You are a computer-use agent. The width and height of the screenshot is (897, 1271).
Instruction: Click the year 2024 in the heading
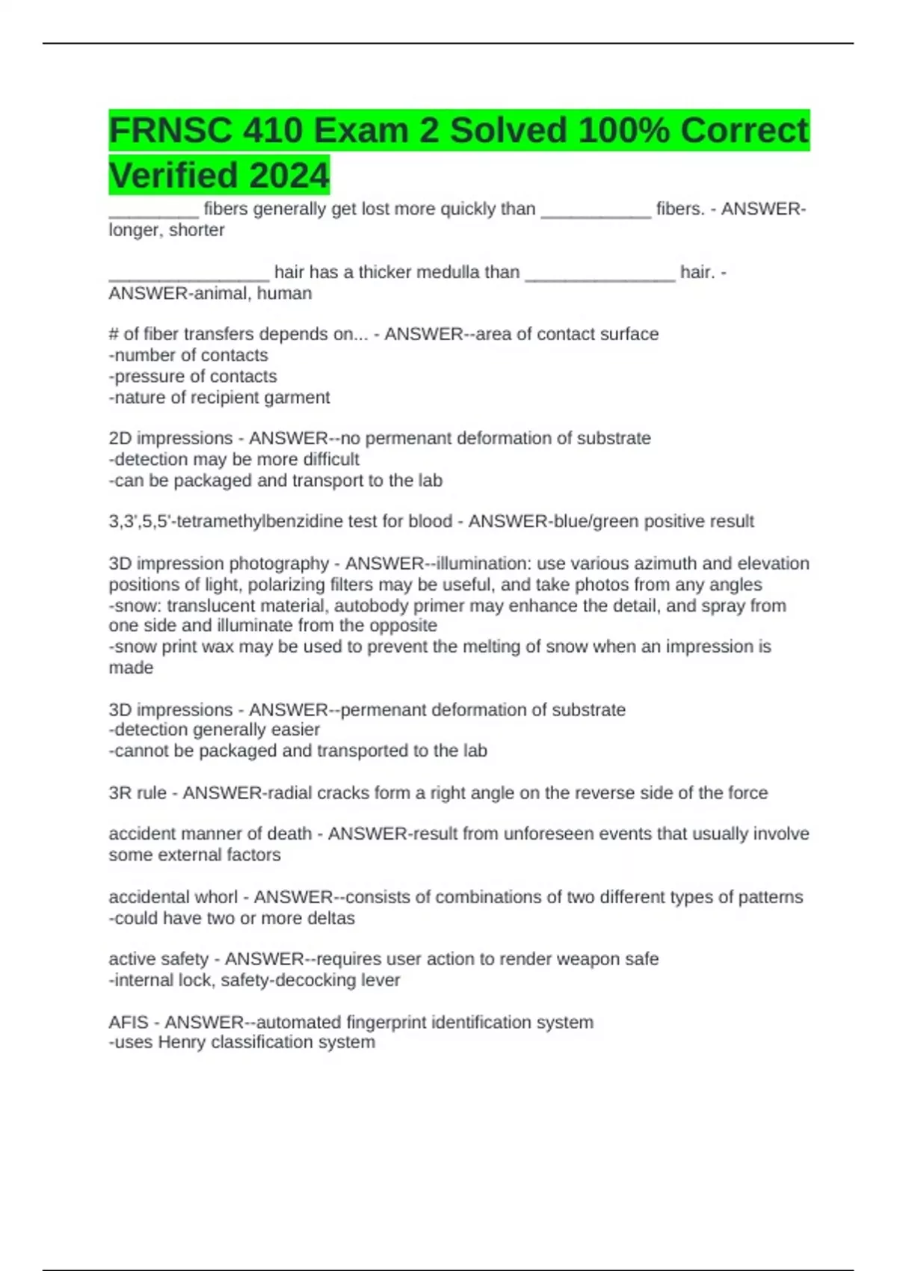(x=289, y=176)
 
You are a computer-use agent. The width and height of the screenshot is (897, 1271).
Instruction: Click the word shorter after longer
(x=197, y=230)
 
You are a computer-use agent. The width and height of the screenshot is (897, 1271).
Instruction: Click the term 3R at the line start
(x=120, y=793)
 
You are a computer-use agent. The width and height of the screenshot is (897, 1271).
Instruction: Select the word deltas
(x=330, y=918)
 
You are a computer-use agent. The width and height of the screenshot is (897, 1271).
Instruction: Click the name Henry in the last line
(x=182, y=1042)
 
